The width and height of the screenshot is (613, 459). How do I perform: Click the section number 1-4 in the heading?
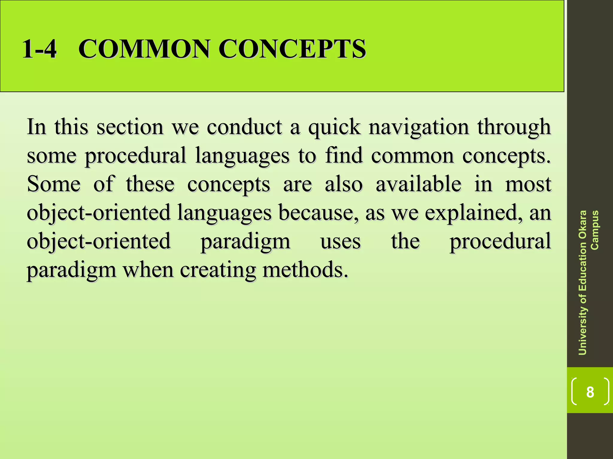point(39,49)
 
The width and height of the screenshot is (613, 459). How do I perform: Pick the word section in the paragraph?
point(130,127)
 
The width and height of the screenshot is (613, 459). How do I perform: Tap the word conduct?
point(244,127)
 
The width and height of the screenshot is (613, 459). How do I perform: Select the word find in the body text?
point(344,155)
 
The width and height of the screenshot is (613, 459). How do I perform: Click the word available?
point(418,184)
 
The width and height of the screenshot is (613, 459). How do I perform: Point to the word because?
point(316,212)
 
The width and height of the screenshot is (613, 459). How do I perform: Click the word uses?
point(341,242)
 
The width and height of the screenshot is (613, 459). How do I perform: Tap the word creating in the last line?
point(218,270)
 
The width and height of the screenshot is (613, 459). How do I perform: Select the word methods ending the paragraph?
point(305,270)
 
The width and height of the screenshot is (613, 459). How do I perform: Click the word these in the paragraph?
point(150,184)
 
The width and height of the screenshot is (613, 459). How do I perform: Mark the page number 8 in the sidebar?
point(590,392)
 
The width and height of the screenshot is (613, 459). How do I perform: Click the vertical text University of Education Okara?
point(582,283)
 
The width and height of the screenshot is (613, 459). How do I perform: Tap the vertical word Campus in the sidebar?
point(594,230)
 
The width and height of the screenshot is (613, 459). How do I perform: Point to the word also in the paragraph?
point(344,184)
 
